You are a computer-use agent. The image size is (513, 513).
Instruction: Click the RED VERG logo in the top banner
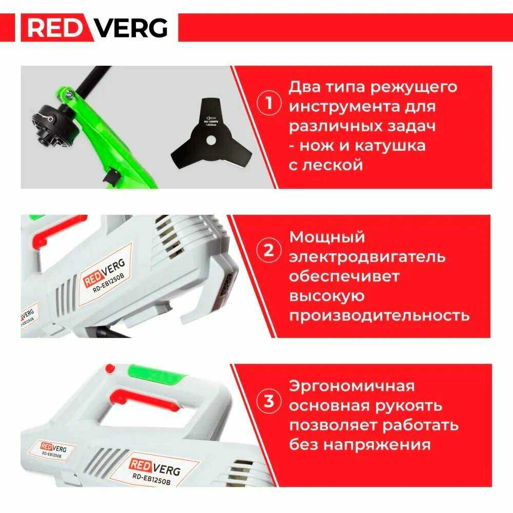(98, 28)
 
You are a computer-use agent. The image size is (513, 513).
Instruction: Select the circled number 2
(268, 251)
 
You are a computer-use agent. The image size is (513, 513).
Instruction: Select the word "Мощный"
(327, 237)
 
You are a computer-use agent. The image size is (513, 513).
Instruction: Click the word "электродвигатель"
(367, 256)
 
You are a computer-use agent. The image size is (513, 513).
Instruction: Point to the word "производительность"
(379, 314)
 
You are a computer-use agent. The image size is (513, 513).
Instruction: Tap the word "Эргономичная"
(352, 386)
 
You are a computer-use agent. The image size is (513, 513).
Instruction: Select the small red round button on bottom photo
(109, 368)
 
